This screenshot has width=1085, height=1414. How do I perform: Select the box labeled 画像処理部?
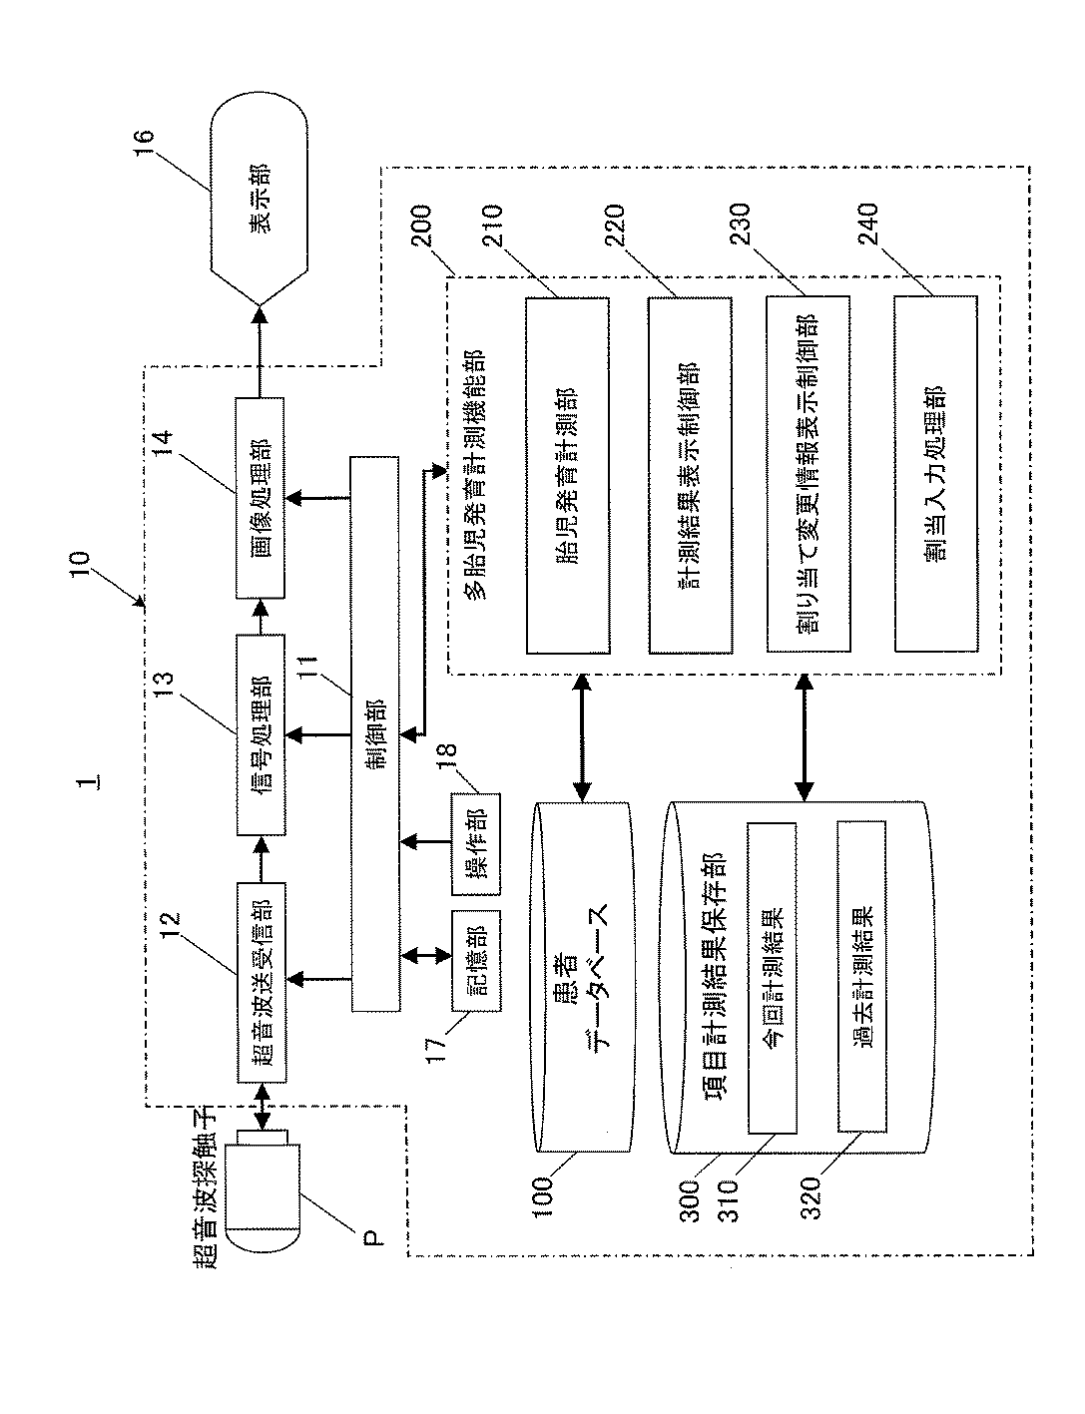260,498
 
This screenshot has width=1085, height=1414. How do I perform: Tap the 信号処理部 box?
260,734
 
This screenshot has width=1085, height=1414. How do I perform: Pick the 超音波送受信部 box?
261,983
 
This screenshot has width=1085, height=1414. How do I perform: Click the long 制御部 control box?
375,734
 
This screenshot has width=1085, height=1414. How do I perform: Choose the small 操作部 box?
476,843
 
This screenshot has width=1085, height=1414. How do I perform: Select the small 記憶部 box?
476,960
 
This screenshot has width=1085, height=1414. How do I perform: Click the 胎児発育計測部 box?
568,476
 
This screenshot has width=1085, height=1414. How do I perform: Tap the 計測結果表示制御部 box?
690,476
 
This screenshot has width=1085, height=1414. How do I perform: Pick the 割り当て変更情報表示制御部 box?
809,474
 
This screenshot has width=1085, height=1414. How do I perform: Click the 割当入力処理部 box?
936,474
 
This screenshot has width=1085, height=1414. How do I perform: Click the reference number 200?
421,226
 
